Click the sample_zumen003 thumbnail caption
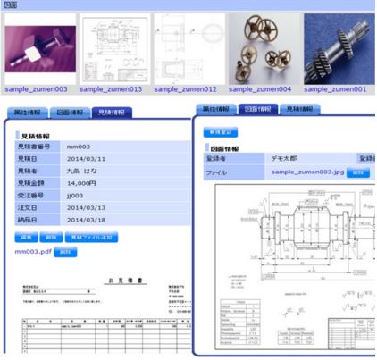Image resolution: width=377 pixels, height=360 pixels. (x=35, y=89)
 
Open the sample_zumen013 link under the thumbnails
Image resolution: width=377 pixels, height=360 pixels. (x=111, y=89)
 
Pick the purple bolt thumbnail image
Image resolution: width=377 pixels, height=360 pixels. (x=37, y=49)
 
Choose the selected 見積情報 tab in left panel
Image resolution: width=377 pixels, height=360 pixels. (x=111, y=113)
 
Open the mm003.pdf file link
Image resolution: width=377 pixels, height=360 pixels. (x=33, y=253)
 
